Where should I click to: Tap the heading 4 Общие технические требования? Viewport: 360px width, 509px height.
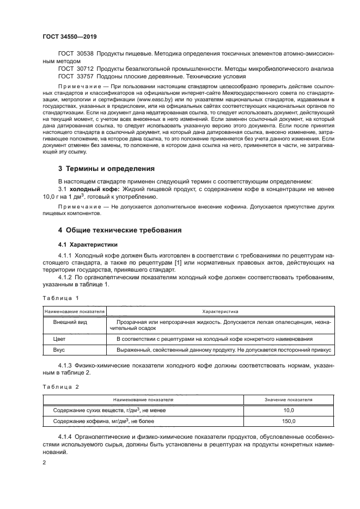[x=120, y=230]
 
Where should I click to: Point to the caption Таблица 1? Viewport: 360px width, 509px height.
[x=61, y=298]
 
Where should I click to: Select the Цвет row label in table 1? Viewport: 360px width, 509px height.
[x=59, y=339]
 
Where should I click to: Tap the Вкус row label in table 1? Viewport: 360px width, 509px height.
[x=59, y=351]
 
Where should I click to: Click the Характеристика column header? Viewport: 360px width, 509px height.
[x=220, y=312]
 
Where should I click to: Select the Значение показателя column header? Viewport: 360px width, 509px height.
[x=288, y=400]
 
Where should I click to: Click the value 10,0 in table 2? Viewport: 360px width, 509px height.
[x=288, y=410]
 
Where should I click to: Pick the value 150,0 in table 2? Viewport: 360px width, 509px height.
[x=288, y=421]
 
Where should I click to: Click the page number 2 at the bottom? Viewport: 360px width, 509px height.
[x=44, y=463]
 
